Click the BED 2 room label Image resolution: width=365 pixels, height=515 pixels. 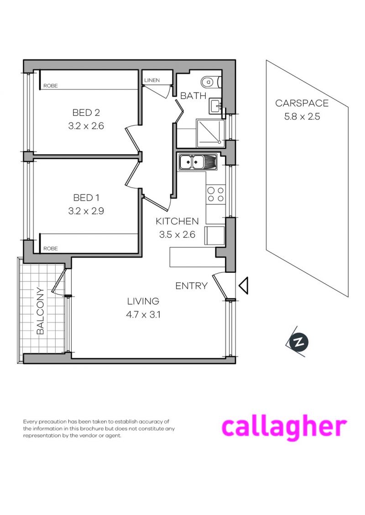tap(86, 113)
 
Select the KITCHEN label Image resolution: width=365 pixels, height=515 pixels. tap(177, 222)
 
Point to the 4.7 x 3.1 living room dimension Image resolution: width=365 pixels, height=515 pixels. tap(143, 314)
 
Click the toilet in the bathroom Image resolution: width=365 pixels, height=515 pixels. tap(210, 82)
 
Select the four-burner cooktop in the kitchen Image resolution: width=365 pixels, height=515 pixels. tap(215, 195)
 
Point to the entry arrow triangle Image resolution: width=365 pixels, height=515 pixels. tap(243, 286)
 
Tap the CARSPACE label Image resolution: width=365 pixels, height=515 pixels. tap(302, 104)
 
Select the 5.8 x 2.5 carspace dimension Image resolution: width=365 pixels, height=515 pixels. tap(302, 116)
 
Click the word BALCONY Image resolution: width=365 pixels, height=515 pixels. tap(40, 311)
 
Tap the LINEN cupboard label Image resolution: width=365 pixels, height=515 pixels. tap(152, 81)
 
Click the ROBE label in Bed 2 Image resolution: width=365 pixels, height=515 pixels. tap(50, 85)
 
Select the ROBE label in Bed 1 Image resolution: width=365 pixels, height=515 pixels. tap(50, 248)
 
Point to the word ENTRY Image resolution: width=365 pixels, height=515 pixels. tap(192, 286)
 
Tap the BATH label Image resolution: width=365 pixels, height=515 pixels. tap(193, 96)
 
